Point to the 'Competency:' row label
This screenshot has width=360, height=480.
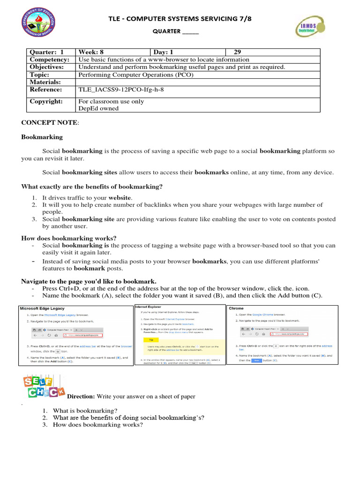point(50,60)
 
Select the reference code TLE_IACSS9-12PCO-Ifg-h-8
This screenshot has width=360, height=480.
point(121,90)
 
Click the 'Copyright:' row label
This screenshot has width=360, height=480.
point(46,101)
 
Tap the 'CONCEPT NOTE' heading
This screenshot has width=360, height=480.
point(50,122)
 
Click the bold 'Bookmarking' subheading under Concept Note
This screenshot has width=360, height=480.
point(42,137)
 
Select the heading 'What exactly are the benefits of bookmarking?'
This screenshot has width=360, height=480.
point(92,187)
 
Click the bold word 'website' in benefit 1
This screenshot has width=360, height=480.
point(120,198)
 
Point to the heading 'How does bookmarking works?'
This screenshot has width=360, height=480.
point(69,238)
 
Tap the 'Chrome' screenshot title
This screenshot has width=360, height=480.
point(236,308)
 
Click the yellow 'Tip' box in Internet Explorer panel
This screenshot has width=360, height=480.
point(150,339)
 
